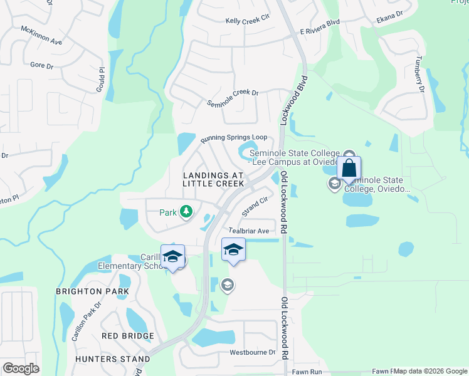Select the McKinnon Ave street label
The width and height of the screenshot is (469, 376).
point(41,36)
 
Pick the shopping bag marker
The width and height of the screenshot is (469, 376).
point(349,169)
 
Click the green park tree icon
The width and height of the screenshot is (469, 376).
point(186,212)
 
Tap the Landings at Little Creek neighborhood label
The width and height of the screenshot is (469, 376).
point(213,179)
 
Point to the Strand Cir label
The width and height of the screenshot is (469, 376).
point(255,206)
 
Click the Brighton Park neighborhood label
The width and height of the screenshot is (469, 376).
point(92,291)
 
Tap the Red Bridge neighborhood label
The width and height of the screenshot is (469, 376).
point(128,337)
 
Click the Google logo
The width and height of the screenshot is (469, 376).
point(21,368)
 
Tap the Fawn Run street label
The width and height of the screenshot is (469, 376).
point(307,372)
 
